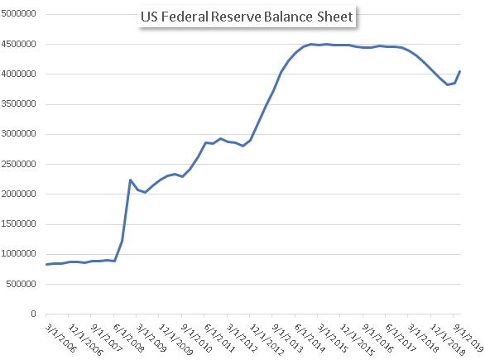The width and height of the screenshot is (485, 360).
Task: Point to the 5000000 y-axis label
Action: tap(18, 13)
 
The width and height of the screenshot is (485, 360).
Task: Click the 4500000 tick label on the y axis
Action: tap(18, 44)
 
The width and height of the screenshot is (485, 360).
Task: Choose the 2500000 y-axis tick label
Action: tap(18, 164)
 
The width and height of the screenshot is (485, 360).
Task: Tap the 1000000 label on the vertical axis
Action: tap(18, 254)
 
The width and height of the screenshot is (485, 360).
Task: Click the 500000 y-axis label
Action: tap(21, 284)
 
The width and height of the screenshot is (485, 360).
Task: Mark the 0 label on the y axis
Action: tap(33, 314)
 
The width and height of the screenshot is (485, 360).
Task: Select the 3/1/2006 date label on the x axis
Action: tap(60, 338)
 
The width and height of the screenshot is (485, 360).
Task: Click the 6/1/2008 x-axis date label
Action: tap(128, 338)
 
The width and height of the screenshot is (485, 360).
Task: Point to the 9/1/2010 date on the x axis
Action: tap(196, 338)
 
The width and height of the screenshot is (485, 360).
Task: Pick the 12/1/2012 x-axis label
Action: tap(267, 339)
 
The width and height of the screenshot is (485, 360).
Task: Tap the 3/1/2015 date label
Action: tap(332, 338)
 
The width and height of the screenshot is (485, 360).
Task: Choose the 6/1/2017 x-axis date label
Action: tap(401, 338)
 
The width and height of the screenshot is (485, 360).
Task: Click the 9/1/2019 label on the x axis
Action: tap(468, 338)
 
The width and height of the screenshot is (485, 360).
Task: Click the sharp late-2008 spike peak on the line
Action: tap(130, 180)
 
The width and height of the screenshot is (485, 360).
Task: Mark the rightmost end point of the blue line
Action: tap(460, 71)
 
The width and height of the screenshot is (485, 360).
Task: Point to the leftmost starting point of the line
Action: tap(46, 265)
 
